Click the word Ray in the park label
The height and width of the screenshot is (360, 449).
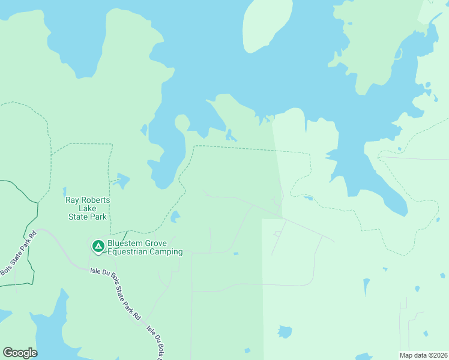click(x=73, y=200)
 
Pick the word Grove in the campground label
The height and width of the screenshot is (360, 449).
click(x=158, y=244)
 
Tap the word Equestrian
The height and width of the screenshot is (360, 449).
click(x=128, y=252)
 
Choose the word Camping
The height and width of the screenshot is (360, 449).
click(x=167, y=252)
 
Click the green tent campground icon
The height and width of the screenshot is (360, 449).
click(x=97, y=246)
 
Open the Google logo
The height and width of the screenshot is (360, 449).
click(x=20, y=353)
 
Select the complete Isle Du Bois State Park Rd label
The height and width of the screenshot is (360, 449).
click(x=115, y=294)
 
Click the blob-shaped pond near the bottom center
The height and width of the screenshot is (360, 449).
click(x=285, y=332)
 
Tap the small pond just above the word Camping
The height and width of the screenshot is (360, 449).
click(x=175, y=217)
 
